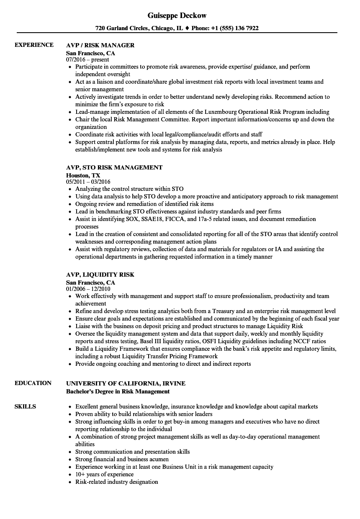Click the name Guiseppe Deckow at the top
point(177,15)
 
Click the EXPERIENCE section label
point(34,45)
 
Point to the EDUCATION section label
point(33,383)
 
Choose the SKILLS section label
point(25,406)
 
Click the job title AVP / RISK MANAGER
point(100,45)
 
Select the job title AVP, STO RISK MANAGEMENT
point(114,167)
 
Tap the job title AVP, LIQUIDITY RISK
point(100,275)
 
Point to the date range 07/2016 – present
point(87,60)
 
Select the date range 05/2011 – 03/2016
point(88,182)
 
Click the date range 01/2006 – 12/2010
point(88,289)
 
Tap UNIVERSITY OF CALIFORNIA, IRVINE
point(126,383)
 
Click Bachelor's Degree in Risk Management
point(118,391)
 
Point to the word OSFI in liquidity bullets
point(211,341)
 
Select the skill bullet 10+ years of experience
point(104,474)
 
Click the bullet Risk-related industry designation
point(116,482)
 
